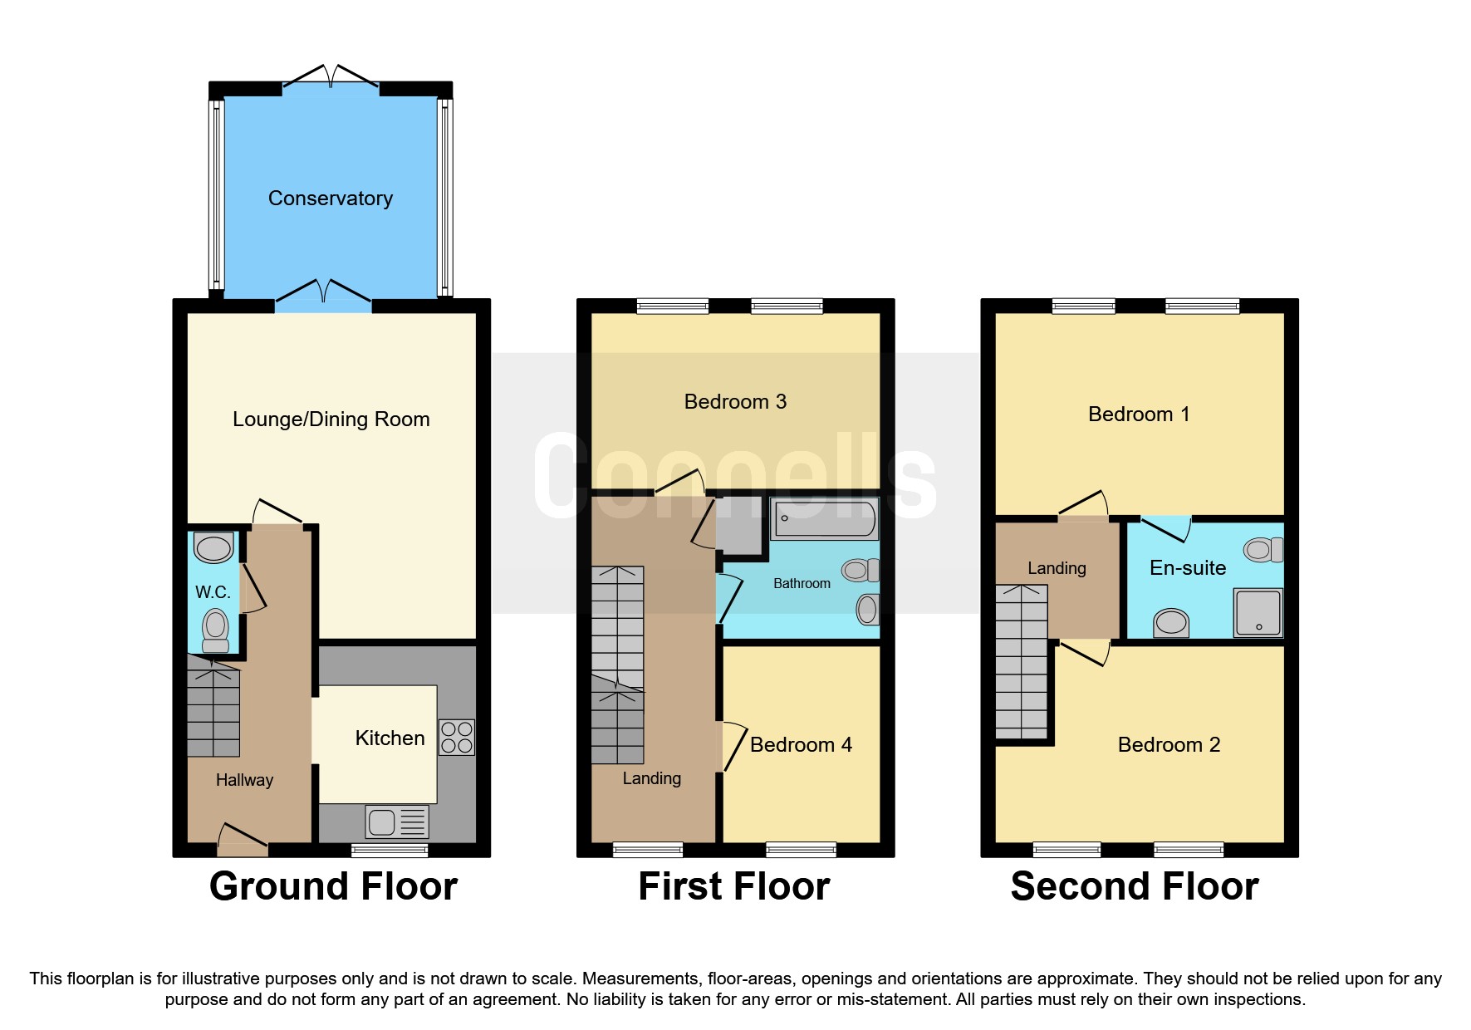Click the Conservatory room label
(330, 199)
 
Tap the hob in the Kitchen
(456, 737)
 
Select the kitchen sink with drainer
(397, 822)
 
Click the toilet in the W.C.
(215, 630)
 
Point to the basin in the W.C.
(213, 548)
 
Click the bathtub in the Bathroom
(823, 519)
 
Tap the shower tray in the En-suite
(1258, 612)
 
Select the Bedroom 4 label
(801, 745)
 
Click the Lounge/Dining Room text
(331, 419)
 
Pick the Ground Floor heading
(333, 886)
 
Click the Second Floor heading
(1134, 886)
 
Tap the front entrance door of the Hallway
(243, 840)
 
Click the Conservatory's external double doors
(331, 76)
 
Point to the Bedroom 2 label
(1169, 745)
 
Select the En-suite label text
(1187, 568)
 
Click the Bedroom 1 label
(1139, 414)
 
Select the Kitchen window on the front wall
(389, 850)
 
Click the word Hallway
(244, 780)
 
